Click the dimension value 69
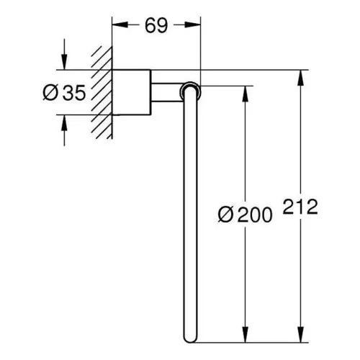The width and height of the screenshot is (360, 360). pos(156,25)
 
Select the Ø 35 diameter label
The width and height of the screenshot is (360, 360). pos(64,93)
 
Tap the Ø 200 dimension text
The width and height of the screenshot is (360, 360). pos(246,215)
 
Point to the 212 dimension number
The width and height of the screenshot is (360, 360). pos(300,207)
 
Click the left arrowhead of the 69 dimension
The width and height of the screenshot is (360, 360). pos(120,24)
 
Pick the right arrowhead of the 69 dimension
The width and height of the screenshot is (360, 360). pos(193,24)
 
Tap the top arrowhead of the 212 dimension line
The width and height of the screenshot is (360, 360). pos(300,78)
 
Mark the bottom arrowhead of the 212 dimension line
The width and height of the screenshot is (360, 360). pos(300,335)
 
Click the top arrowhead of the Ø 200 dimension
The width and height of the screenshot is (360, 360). pos(245,94)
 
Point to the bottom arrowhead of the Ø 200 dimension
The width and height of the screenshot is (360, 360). pos(245,335)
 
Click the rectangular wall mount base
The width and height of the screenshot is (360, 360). pos(132,92)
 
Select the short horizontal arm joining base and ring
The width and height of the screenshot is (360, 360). pos(166,92)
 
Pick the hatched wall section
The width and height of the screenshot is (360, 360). pos(102,92)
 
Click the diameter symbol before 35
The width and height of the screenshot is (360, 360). pos(50,93)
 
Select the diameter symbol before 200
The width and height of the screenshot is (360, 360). pos(225,215)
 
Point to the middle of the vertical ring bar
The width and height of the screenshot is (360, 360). pos(190,214)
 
